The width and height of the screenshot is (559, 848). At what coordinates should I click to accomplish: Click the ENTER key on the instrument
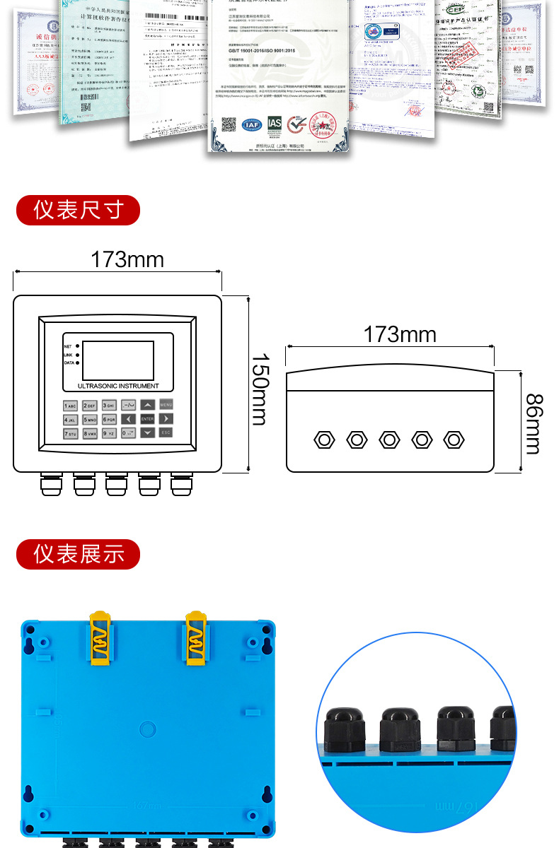point(146,419)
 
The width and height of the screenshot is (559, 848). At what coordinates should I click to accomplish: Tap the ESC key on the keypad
point(166,432)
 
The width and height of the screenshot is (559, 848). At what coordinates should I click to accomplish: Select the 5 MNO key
point(89,419)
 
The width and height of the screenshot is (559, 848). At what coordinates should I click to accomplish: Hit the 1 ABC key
point(70,406)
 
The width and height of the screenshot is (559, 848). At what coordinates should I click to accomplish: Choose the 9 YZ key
point(108,433)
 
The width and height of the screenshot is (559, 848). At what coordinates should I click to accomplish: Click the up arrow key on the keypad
point(146,405)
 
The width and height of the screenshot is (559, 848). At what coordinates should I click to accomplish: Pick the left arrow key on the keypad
point(128,419)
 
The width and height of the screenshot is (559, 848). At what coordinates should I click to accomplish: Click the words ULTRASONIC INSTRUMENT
point(118,386)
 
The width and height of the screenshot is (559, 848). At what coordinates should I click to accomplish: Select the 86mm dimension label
point(534,424)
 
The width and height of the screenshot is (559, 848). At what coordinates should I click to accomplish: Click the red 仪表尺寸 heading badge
point(78,210)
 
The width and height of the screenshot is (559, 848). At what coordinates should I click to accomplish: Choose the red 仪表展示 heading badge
point(78,554)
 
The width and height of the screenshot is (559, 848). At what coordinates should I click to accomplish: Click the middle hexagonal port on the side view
point(389,440)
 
